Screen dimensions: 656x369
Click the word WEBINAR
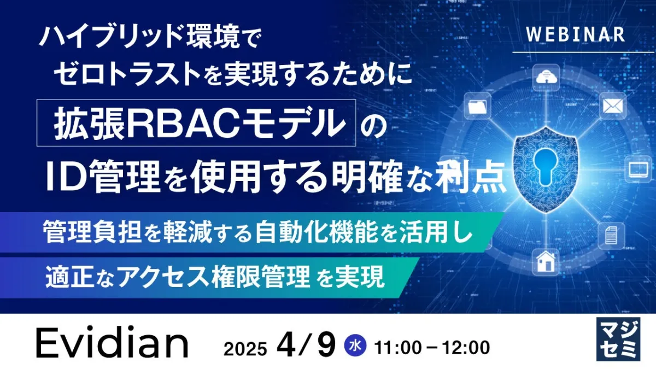(576, 34)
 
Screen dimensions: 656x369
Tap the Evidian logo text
(112, 343)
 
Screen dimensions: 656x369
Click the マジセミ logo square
(618, 339)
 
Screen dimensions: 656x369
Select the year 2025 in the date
(245, 349)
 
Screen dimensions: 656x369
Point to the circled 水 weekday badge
(355, 347)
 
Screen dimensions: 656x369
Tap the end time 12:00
(466, 348)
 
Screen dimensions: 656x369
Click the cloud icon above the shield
(546, 77)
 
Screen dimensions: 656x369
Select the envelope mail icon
(613, 106)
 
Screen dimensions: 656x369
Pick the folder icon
(477, 106)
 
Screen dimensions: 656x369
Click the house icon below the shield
(546, 262)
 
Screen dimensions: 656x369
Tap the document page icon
(611, 235)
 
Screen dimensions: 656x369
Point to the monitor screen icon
(639, 169)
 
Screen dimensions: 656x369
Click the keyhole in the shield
(546, 167)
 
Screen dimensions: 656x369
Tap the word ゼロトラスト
(127, 75)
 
